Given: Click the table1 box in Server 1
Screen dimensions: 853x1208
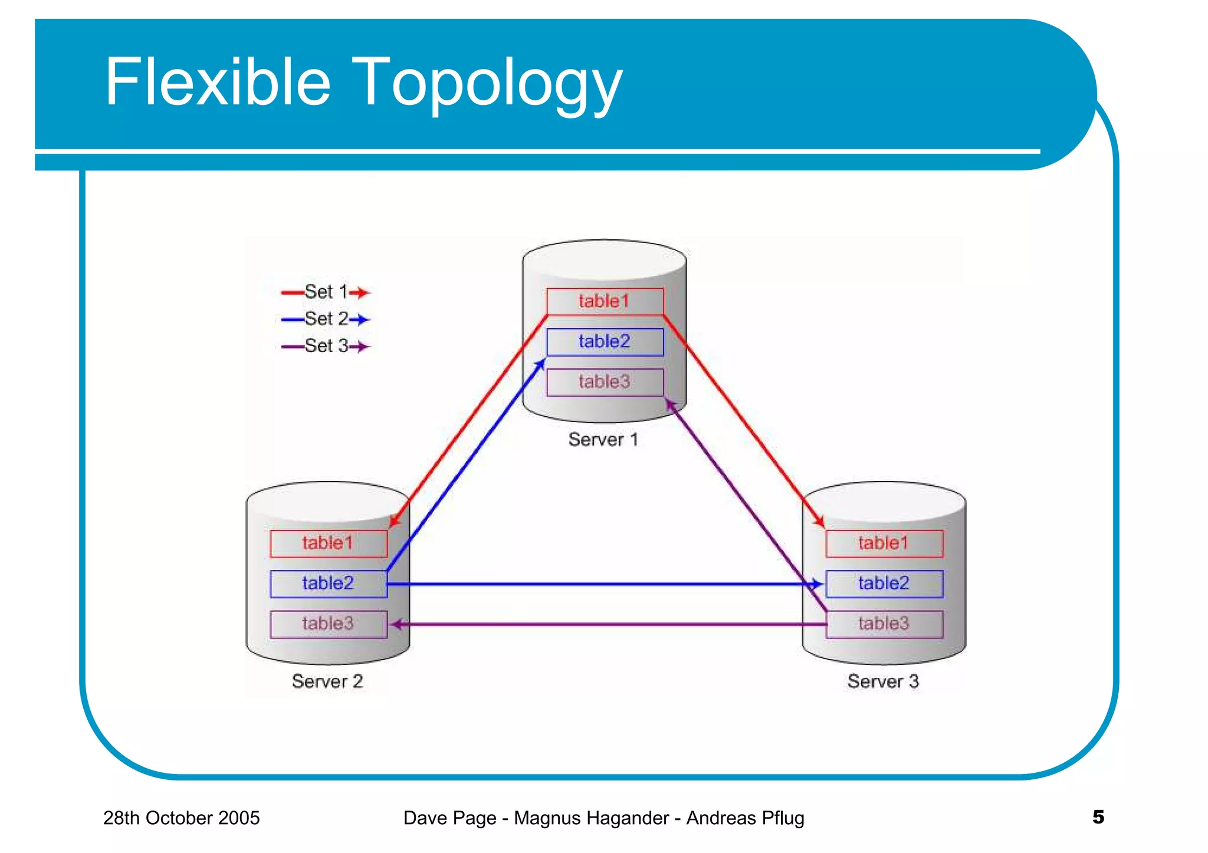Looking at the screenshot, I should pos(605,301).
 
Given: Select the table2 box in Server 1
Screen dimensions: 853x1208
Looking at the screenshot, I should pos(605,342).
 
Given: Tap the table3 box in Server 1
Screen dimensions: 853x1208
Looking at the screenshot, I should pos(605,382).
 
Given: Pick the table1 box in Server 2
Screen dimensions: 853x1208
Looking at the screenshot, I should pos(328,543).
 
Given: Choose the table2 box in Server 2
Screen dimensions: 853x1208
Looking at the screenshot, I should pos(328,584).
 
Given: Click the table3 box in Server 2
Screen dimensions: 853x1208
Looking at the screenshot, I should pos(328,624).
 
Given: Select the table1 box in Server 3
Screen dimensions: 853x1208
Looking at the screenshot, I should pos(884,543).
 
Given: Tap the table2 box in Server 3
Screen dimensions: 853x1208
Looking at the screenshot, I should pos(884,584).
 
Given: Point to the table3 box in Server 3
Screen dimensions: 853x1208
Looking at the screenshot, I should pos(884,624).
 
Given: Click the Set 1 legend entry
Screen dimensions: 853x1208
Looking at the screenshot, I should pos(326,292).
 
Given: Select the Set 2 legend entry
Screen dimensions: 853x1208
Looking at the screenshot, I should pos(326,319).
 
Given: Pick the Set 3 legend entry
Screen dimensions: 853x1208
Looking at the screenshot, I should pos(326,346).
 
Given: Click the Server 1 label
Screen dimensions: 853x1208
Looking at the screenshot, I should pos(603,440).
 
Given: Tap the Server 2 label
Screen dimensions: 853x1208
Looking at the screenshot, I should pos(327,681).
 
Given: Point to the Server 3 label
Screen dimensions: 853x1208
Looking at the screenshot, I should pos(883,681).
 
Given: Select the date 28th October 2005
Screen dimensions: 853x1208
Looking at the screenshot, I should pos(181,818).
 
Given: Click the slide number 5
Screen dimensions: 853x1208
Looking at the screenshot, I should pos(1098,817).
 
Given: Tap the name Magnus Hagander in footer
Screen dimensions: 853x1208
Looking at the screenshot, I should pos(591,818).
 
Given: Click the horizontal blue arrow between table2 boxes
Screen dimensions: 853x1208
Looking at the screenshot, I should pos(602,584).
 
